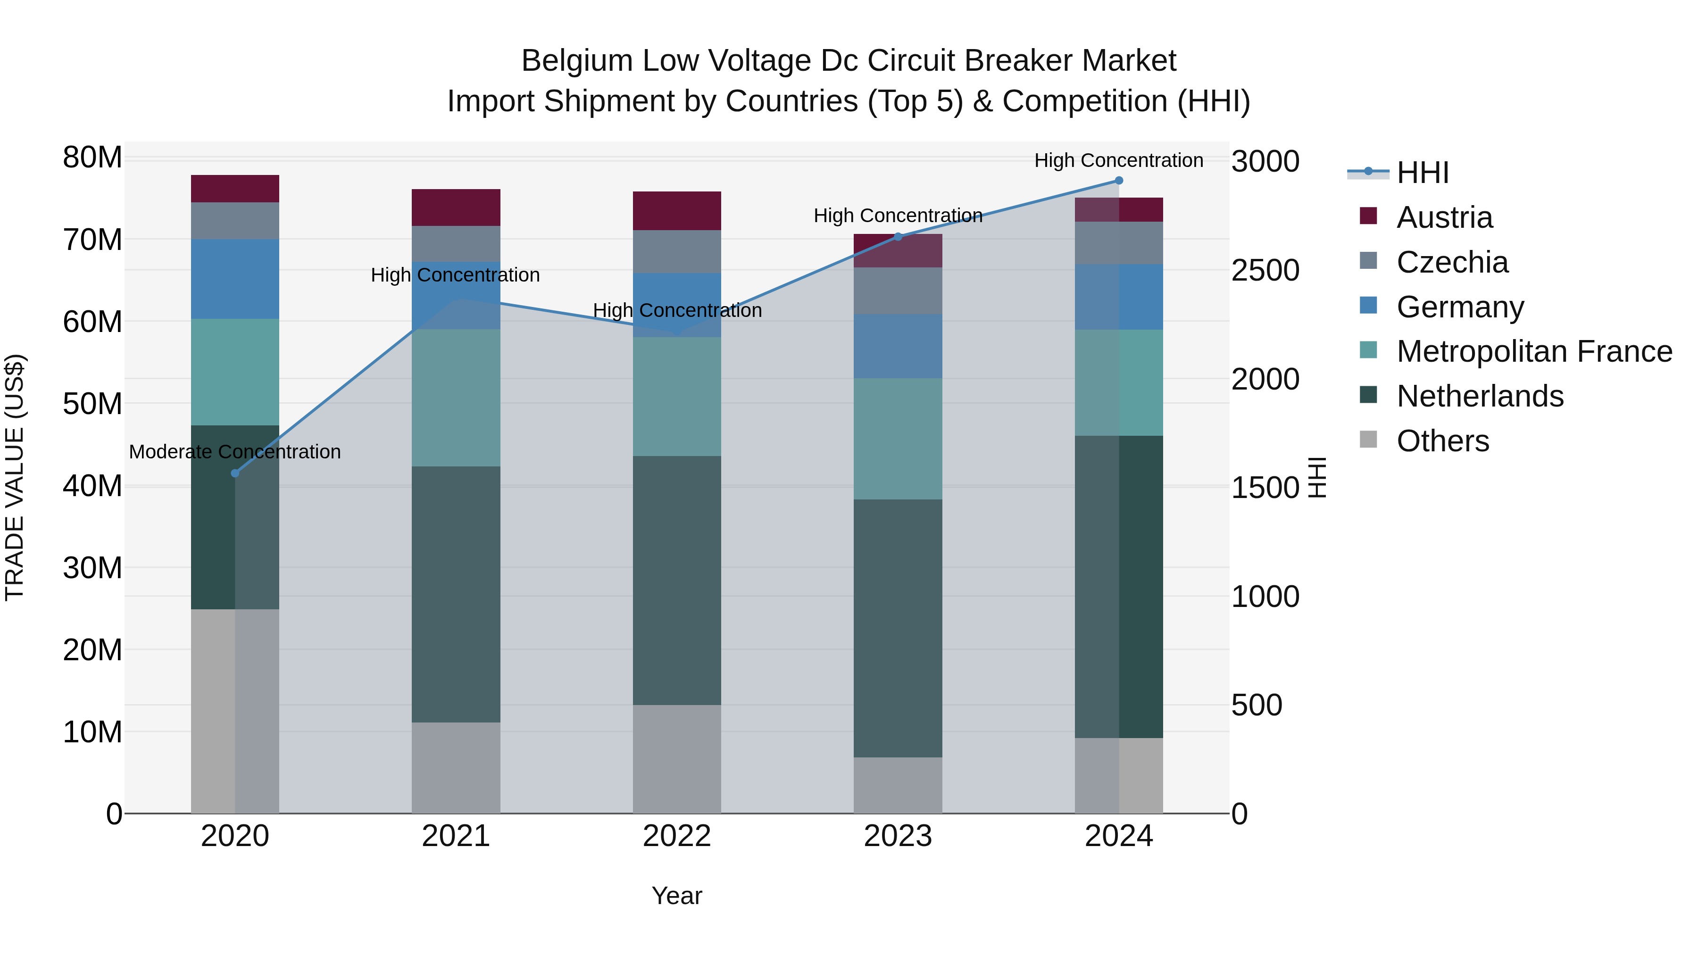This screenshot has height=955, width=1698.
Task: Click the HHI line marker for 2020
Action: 235,473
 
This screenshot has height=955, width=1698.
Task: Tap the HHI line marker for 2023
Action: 898,237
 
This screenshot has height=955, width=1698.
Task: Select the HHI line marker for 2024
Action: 1119,181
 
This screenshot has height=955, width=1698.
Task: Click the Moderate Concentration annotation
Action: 235,452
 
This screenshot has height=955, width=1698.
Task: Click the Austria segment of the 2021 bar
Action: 456,208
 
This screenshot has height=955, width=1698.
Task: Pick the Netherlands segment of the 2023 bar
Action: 898,628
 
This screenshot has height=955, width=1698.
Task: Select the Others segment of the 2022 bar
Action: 677,759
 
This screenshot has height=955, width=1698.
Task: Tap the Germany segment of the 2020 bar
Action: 235,279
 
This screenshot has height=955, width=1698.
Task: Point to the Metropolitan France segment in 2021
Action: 456,398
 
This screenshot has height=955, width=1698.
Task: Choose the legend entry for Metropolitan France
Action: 1534,351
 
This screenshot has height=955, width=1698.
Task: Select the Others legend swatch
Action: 1368,440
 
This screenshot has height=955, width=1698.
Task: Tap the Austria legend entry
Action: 1444,217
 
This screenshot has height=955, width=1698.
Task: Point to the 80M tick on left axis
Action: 92,158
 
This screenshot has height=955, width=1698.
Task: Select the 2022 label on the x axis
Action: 677,836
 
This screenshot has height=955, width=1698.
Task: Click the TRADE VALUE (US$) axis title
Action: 15,477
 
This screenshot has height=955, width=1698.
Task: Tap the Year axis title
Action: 677,896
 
